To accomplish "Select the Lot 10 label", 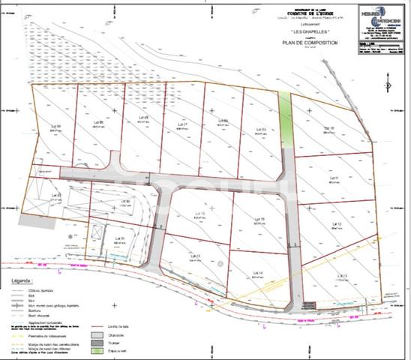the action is tap(328, 128).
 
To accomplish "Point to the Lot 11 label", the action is tap(334, 178).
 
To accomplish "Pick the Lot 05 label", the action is tap(262, 129).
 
